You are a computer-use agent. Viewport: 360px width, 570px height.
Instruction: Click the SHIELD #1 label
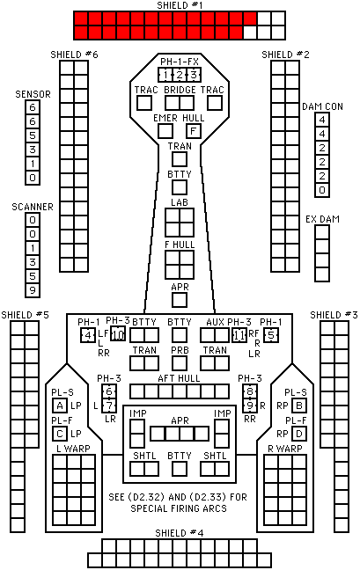click(180, 5)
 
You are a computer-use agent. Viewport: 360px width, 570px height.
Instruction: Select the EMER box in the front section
click(165, 131)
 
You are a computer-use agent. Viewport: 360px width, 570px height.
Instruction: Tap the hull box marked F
click(194, 131)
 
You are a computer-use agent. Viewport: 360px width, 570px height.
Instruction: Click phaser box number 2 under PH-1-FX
click(180, 75)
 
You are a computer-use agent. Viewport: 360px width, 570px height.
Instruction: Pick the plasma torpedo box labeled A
click(60, 406)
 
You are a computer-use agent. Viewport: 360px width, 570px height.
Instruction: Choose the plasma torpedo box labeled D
click(299, 434)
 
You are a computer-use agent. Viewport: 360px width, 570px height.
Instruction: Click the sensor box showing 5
click(33, 135)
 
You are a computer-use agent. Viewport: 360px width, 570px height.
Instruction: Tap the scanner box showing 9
click(33, 290)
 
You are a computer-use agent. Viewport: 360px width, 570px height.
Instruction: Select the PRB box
click(180, 363)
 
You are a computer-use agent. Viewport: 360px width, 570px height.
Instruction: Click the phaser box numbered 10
click(118, 334)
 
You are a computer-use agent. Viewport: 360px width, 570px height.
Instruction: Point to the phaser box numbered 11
click(239, 335)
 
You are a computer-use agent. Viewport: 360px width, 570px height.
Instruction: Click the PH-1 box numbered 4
click(88, 335)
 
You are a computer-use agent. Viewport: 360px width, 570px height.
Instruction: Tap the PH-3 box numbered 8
click(250, 391)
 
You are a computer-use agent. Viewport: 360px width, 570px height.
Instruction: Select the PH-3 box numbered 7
click(109, 406)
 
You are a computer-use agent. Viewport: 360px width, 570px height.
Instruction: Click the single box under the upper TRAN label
click(180, 159)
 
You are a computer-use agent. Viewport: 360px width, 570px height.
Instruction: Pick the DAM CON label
click(322, 106)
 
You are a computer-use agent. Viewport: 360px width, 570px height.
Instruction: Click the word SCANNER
click(33, 207)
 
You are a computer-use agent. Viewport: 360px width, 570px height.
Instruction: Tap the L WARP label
click(73, 449)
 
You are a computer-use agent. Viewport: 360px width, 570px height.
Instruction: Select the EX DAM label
click(322, 219)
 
